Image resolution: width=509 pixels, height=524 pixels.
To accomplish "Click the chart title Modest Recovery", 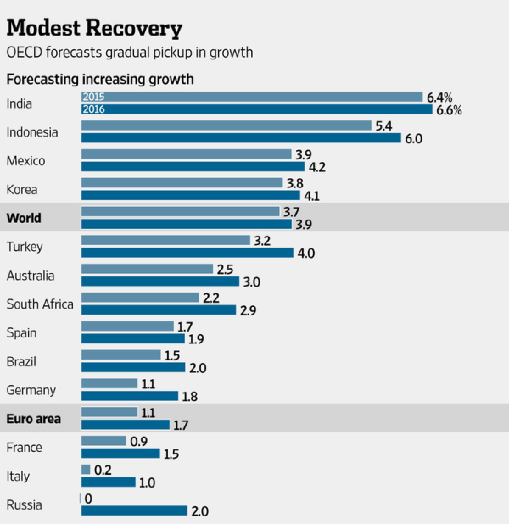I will pyautogui.click(x=94, y=28).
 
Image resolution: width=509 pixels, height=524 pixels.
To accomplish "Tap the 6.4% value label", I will pyautogui.click(x=441, y=97).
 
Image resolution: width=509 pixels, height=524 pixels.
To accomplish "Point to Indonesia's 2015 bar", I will pyautogui.click(x=227, y=125).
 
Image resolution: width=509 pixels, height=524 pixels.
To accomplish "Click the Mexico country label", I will pyautogui.click(x=25, y=161).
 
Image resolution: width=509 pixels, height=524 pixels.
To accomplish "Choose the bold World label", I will pyautogui.click(x=24, y=218).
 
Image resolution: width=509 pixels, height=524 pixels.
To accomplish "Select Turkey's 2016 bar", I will pyautogui.click(x=187, y=253).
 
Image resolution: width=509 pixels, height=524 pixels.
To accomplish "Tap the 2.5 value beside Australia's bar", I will pyautogui.click(x=226, y=269).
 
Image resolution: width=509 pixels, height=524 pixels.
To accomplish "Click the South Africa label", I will pyautogui.click(x=40, y=304).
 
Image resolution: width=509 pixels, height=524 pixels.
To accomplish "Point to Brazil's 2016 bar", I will pyautogui.click(x=133, y=367).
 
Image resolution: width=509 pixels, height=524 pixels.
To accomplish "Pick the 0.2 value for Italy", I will pyautogui.click(x=103, y=470).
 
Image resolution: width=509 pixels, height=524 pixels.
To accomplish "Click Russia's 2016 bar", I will pyautogui.click(x=133, y=510).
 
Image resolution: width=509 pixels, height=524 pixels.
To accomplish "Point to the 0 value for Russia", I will pyautogui.click(x=88, y=499).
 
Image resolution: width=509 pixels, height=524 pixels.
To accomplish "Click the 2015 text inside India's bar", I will pyautogui.click(x=93, y=97).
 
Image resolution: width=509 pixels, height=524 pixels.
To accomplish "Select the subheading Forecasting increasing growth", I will pyautogui.click(x=100, y=80).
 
